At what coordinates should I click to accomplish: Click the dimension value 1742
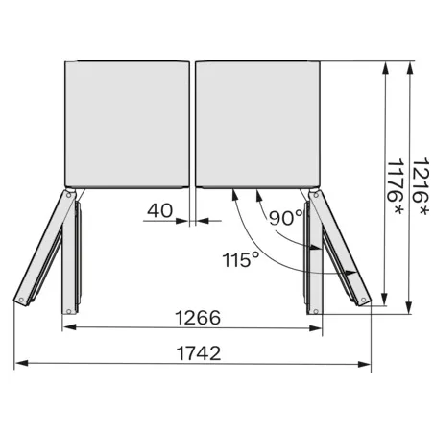[199, 352]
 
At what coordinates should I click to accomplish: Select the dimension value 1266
[198, 317]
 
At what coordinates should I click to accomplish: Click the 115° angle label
[239, 260]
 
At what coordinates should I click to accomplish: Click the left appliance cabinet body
[127, 124]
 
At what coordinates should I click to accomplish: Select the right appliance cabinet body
[257, 124]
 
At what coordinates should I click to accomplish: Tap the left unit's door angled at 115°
[42, 248]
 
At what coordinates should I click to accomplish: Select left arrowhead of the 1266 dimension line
[67, 329]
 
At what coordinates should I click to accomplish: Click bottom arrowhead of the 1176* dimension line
[386, 299]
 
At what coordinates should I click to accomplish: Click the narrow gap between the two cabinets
[192, 124]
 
